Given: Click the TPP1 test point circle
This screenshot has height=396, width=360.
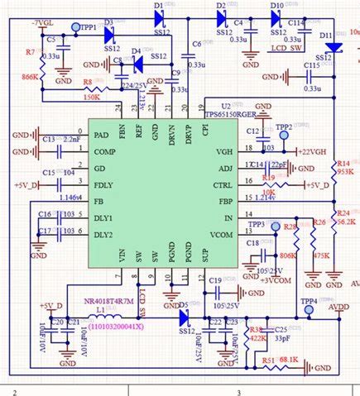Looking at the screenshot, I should point(76,27).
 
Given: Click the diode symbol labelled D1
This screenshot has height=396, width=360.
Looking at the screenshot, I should point(160,16).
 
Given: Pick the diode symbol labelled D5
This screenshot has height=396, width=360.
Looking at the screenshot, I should point(185,316).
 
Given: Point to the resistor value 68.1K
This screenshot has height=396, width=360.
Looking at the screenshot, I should point(288,360).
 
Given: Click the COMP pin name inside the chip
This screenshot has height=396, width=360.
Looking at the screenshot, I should point(104,152).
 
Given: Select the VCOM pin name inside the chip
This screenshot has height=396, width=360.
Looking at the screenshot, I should point(221,235).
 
